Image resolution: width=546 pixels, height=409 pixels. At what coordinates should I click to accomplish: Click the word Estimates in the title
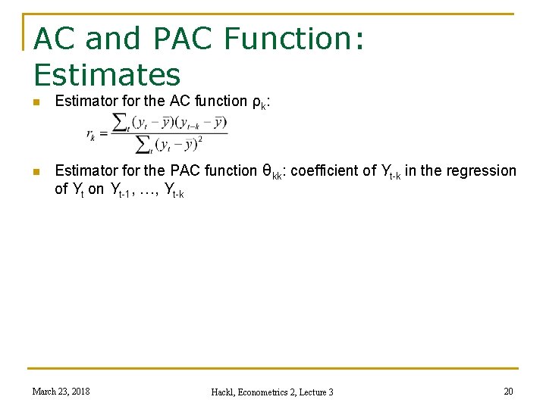pos(108,74)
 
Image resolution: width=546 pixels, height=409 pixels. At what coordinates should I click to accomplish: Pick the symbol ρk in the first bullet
pos(257,102)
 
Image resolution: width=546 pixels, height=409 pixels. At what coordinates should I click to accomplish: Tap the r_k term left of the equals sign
pos(91,135)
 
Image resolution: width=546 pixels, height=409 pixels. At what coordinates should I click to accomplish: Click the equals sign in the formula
pos(104,134)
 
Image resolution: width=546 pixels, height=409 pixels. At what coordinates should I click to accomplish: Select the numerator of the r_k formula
pos(170,122)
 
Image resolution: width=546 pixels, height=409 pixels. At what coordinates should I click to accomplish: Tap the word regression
pos(480,171)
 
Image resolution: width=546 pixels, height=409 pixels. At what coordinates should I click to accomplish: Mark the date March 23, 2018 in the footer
pos(61,391)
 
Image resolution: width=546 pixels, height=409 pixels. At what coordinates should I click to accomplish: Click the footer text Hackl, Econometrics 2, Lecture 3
pos(272,392)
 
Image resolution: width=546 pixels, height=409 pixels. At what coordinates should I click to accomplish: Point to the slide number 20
pos(508,391)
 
